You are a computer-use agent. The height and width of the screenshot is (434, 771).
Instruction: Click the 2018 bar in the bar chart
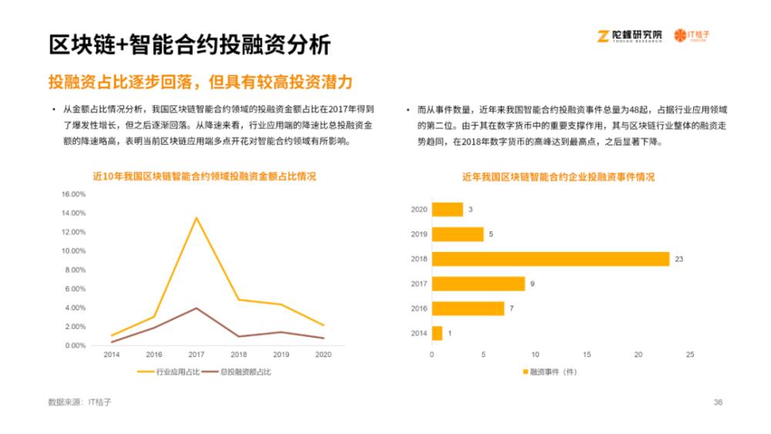550,259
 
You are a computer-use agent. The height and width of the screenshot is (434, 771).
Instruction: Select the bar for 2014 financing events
437,333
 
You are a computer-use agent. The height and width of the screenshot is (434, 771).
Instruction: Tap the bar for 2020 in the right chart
447,210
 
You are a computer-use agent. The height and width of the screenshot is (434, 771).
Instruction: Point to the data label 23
679,259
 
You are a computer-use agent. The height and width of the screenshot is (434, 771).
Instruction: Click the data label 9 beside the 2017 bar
532,284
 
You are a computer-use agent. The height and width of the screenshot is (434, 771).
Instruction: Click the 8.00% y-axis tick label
74,270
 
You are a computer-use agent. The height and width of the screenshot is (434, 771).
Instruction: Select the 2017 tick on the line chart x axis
196,355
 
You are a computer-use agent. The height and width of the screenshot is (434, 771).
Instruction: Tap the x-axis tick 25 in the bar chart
690,355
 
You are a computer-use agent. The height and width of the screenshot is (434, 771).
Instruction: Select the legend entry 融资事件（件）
550,372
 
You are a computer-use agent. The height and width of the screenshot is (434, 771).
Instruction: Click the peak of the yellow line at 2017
196,217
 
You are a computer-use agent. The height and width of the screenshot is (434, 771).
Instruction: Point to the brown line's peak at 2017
196,308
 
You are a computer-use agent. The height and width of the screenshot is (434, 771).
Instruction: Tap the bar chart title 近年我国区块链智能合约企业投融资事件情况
558,177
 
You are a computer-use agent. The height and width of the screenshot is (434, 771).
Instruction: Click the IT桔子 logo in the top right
692,35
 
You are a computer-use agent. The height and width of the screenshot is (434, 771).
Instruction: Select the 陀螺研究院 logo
630,35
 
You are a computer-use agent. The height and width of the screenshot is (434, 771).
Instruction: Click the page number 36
718,402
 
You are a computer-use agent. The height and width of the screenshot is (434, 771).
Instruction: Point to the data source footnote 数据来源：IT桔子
79,402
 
